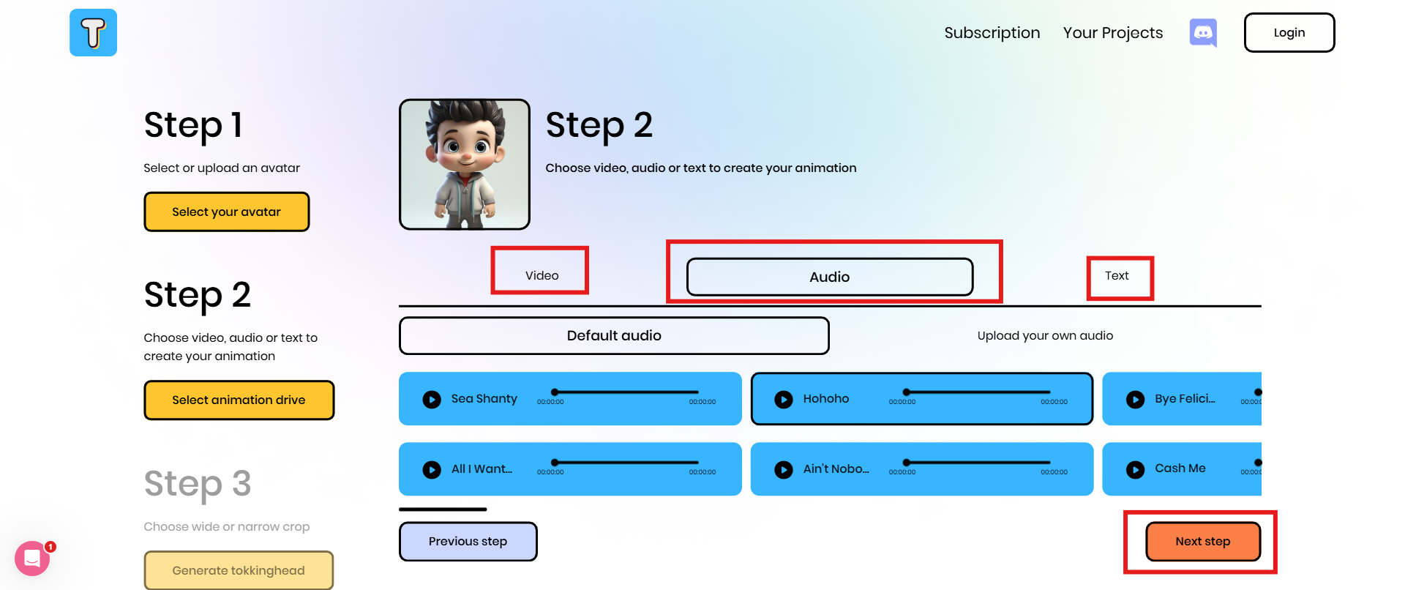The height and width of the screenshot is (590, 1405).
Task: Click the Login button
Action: (x=1289, y=33)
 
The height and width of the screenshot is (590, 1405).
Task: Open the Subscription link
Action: (x=992, y=33)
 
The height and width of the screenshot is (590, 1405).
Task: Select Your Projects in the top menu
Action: (x=1112, y=33)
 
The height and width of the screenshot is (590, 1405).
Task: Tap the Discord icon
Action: (x=1203, y=33)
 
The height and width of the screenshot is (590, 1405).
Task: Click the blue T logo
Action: (x=93, y=33)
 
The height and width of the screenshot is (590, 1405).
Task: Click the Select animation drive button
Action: (x=239, y=400)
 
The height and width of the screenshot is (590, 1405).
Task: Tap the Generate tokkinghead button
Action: (x=239, y=570)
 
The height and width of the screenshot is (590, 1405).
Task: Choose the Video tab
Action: (x=542, y=275)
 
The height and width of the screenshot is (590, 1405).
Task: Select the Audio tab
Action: (x=829, y=277)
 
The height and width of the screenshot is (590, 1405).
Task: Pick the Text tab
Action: (x=1117, y=276)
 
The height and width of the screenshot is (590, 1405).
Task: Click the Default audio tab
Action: (x=613, y=336)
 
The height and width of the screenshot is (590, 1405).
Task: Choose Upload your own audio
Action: (x=1045, y=336)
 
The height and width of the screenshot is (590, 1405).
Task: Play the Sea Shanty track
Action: (x=432, y=400)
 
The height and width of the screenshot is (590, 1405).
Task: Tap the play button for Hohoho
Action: (x=784, y=400)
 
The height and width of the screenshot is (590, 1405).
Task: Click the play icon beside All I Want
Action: (x=432, y=470)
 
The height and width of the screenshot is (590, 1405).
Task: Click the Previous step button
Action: (x=468, y=542)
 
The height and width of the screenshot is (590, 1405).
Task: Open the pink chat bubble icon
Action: (x=32, y=559)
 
